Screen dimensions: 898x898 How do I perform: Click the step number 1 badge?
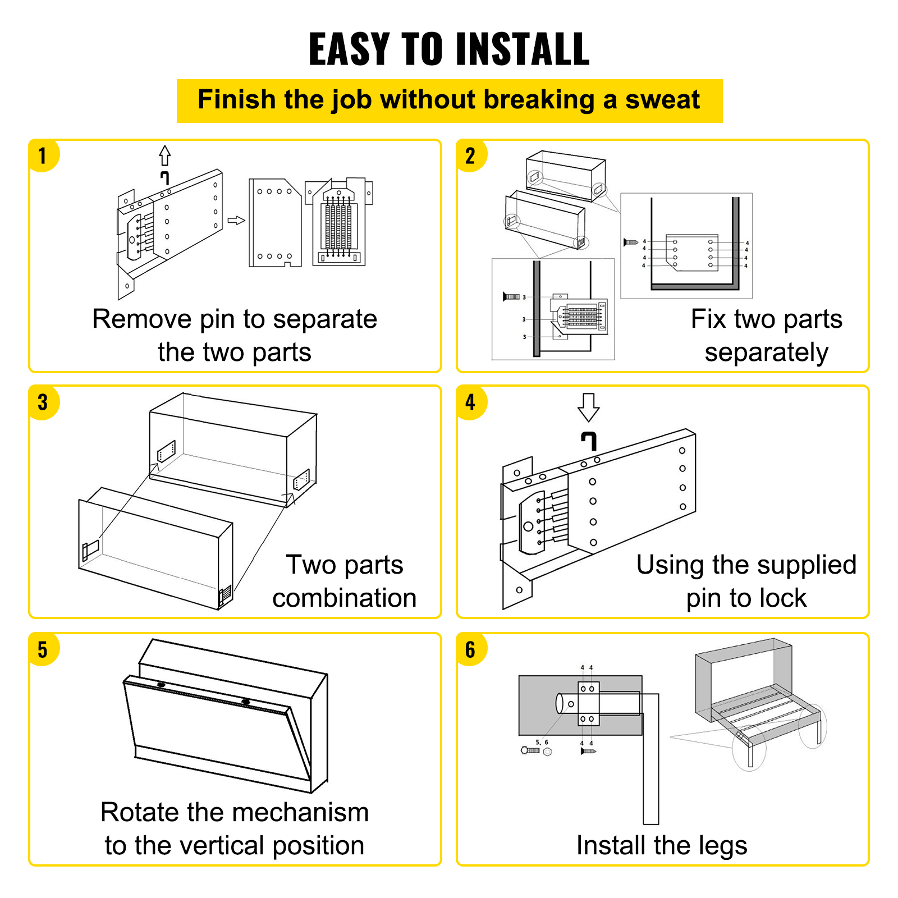tap(43, 155)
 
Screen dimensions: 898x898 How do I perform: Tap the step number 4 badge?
tap(470, 402)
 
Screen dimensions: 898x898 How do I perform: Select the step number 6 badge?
tap(470, 649)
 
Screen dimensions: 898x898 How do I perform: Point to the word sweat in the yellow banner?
tap(662, 100)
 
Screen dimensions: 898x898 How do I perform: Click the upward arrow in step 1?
tap(164, 155)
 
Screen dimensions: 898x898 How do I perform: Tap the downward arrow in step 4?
tap(588, 407)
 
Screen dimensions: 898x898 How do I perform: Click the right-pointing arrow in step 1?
tap(236, 220)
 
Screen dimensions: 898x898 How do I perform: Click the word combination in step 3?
tap(344, 598)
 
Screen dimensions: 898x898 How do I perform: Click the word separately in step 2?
tap(766, 353)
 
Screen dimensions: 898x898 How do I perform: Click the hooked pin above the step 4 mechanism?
tap(588, 441)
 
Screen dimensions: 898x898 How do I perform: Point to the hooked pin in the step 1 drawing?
tap(164, 178)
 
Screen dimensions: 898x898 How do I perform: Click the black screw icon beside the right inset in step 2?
tap(631, 242)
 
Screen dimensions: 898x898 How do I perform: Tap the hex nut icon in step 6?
tap(547, 752)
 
